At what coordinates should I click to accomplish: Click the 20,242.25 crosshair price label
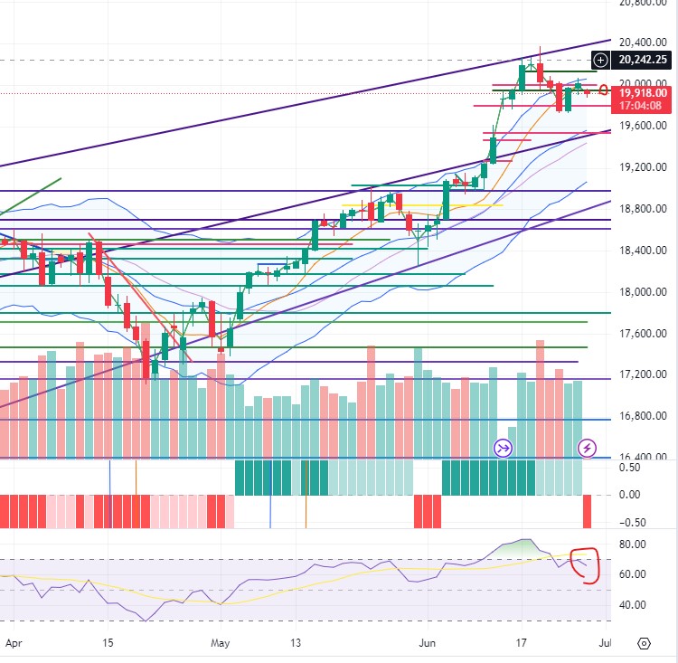[644, 61]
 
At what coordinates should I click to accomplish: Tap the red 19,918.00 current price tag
[644, 92]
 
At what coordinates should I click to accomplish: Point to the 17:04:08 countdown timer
[644, 105]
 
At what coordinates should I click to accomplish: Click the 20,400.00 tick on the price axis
[643, 43]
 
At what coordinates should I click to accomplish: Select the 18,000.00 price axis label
[643, 292]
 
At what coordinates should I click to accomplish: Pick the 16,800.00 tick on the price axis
[643, 416]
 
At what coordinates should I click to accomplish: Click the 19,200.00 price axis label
[643, 167]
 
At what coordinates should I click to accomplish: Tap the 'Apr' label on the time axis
[12, 644]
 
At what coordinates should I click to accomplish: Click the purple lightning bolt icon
[588, 448]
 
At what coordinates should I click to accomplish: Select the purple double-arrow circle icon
[503, 448]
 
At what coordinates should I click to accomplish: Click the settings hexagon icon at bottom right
[644, 643]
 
